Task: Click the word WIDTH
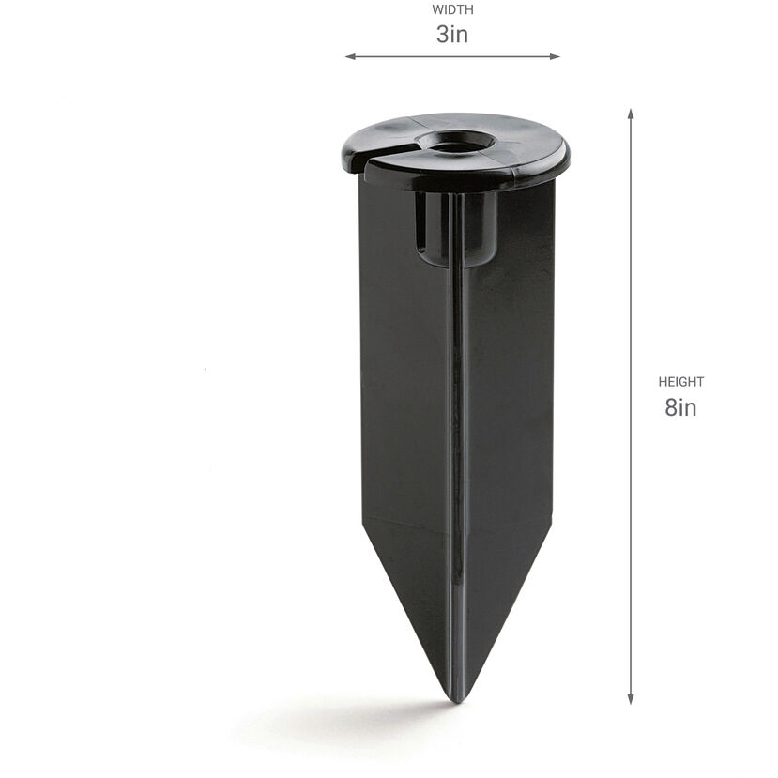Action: pyautogui.click(x=452, y=10)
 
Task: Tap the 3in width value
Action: pyautogui.click(x=452, y=36)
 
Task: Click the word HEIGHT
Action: pyautogui.click(x=680, y=382)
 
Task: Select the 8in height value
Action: pyautogui.click(x=680, y=407)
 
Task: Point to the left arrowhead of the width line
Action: pyautogui.click(x=349, y=57)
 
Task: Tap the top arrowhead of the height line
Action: pyautogui.click(x=631, y=113)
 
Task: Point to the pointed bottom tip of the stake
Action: pyautogui.click(x=456, y=698)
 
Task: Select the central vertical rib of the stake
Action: pyautogui.click(x=457, y=422)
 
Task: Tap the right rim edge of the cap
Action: pyautogui.click(x=565, y=150)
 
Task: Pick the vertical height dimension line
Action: pyautogui.click(x=631, y=282)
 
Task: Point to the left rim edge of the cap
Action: pyautogui.click(x=340, y=155)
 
